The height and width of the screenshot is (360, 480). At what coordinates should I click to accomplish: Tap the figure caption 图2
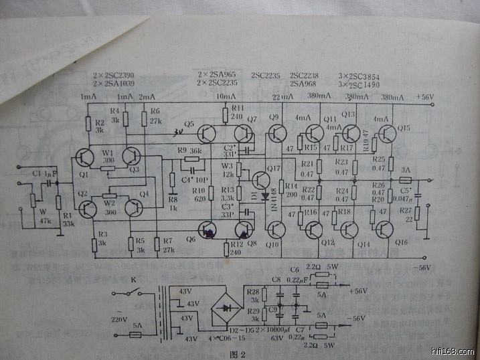[239, 353]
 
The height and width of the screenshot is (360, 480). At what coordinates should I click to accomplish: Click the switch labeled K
[131, 293]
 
